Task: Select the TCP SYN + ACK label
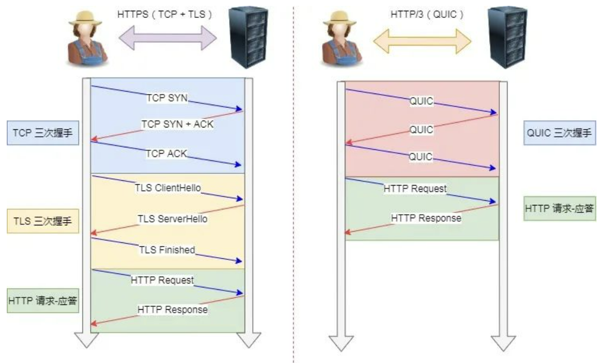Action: point(177,124)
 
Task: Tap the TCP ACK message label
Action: point(167,153)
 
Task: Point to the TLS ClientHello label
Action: point(167,189)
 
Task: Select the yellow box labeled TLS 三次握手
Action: point(43,222)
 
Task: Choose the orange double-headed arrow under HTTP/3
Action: point(422,40)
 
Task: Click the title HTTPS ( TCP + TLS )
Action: point(165,15)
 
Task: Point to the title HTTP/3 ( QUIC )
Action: point(427,15)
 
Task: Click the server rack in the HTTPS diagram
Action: point(248,37)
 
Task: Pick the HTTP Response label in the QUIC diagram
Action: point(426,218)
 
